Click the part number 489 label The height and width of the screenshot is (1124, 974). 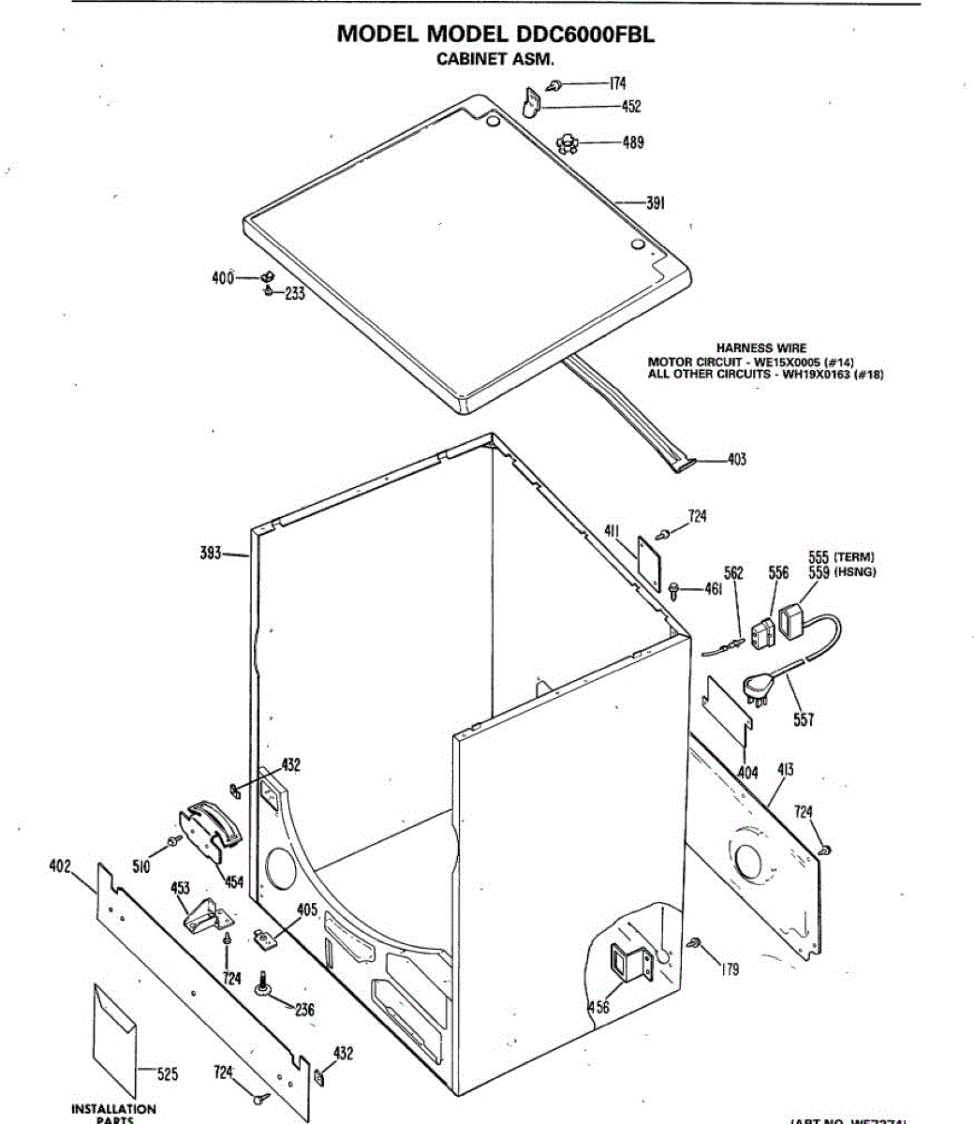pyautogui.click(x=633, y=143)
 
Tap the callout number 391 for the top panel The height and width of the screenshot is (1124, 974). pyautogui.click(x=655, y=202)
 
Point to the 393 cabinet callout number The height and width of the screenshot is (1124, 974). pyautogui.click(x=211, y=554)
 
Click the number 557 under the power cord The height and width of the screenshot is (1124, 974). pyautogui.click(x=803, y=719)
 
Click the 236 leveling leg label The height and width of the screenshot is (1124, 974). pyautogui.click(x=304, y=1010)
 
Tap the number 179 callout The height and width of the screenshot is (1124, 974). pyautogui.click(x=730, y=969)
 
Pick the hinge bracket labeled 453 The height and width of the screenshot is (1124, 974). pyautogui.click(x=203, y=914)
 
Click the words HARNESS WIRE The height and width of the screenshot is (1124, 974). pyautogui.click(x=760, y=348)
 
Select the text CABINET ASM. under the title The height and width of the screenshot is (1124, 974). pyautogui.click(x=496, y=59)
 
